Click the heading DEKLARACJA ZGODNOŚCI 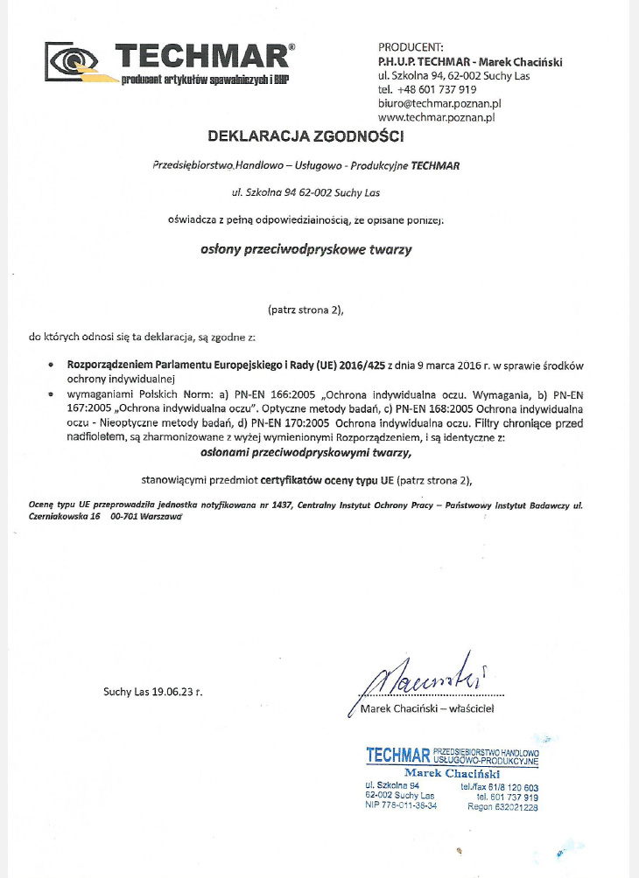coord(306,136)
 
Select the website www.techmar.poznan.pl coord(438,116)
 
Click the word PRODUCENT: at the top coord(411,46)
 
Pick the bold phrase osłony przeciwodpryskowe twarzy coord(306,249)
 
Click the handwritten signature coord(420,674)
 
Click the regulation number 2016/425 coord(355,366)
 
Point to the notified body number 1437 coord(283,505)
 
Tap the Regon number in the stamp coord(515,808)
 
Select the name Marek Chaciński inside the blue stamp coord(452,773)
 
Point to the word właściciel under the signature coord(471,708)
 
